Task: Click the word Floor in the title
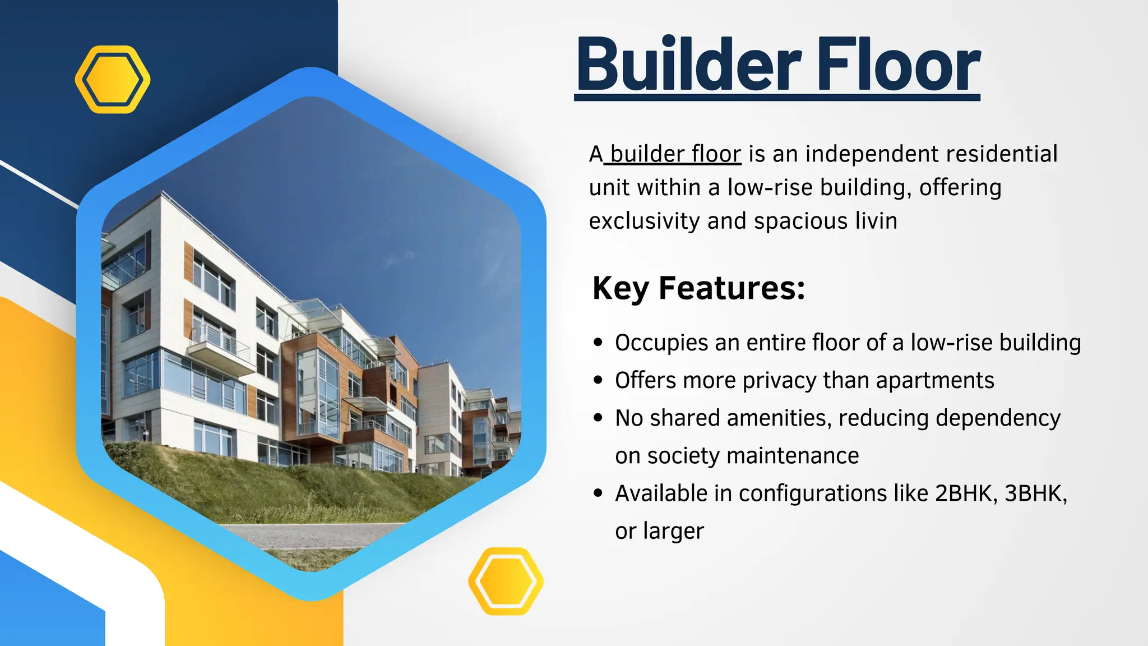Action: pyautogui.click(x=897, y=64)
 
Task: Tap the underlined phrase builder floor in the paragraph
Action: pyautogui.click(x=675, y=154)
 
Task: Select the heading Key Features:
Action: pyautogui.click(x=698, y=288)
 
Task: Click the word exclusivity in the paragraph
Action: pyautogui.click(x=644, y=221)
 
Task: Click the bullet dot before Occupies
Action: pyautogui.click(x=598, y=343)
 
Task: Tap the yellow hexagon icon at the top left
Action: pyautogui.click(x=113, y=80)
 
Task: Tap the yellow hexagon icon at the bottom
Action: pyautogui.click(x=506, y=581)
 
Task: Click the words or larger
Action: pyautogui.click(x=659, y=531)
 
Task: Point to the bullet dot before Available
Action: pyautogui.click(x=598, y=493)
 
